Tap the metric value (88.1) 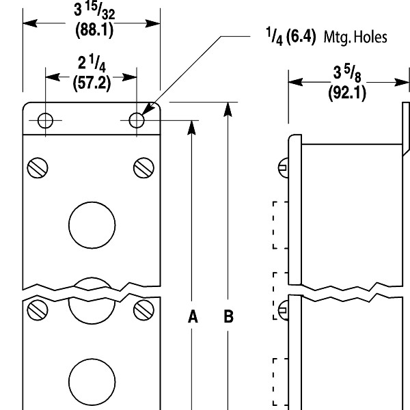(92, 31)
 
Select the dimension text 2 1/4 (92, 66)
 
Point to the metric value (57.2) (92, 85)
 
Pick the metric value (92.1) (347, 93)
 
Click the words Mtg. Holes (355, 38)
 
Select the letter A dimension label (193, 316)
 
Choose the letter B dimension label (228, 316)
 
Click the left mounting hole (46, 121)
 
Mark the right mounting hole (137, 121)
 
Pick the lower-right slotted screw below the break (143, 310)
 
